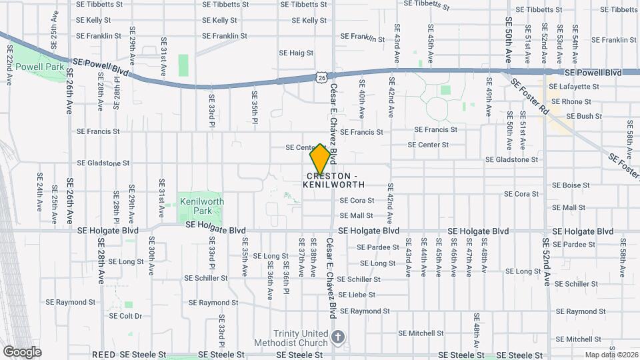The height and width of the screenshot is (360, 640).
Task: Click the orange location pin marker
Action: click(x=320, y=159)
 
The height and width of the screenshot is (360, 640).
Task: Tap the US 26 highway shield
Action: click(x=321, y=78)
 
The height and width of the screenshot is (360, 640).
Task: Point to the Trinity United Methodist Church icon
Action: click(x=338, y=337)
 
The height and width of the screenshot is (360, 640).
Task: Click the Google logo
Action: click(x=22, y=351)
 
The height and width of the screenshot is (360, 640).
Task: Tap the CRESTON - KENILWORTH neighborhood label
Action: click(x=333, y=180)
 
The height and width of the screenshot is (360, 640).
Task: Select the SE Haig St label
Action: click(x=296, y=53)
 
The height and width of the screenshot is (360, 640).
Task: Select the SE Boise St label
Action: click(x=572, y=185)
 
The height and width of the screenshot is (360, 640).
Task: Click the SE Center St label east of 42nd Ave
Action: click(x=428, y=145)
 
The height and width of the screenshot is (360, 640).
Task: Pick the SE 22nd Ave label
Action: click(x=9, y=65)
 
